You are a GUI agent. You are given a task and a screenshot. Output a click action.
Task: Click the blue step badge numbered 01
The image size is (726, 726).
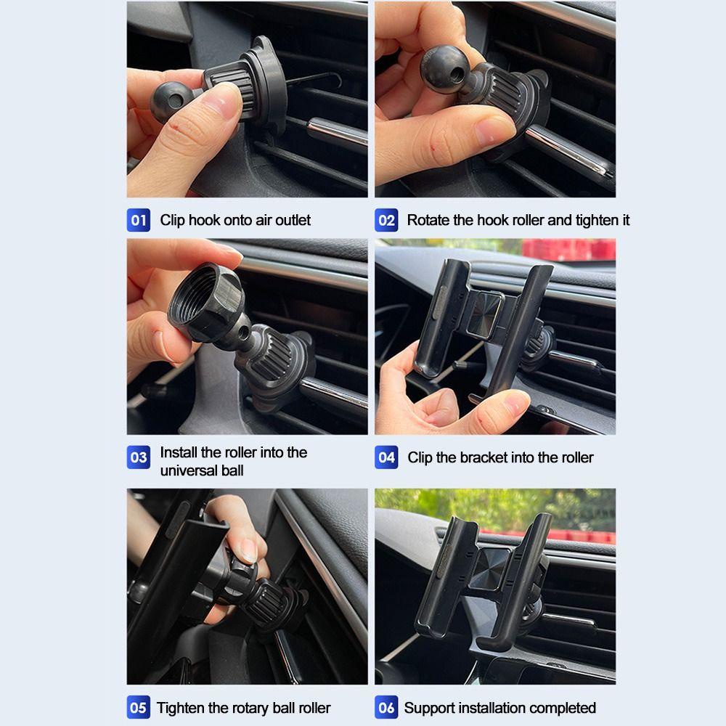click(139, 220)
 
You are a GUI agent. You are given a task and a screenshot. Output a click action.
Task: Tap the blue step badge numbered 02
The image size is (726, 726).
click(386, 220)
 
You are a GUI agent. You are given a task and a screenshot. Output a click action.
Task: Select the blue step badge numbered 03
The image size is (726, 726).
click(139, 457)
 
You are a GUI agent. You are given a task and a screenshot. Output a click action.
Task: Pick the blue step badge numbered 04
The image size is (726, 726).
click(386, 457)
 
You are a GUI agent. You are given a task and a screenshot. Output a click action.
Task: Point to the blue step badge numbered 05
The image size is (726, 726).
click(139, 707)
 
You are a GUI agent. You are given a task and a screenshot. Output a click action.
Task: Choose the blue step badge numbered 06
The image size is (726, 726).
click(386, 707)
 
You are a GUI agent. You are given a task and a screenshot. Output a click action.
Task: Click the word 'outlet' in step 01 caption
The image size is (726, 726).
click(293, 221)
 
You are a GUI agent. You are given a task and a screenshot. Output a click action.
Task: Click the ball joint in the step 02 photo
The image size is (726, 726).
click(444, 70)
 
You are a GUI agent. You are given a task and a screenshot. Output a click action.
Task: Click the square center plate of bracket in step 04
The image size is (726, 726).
click(484, 314)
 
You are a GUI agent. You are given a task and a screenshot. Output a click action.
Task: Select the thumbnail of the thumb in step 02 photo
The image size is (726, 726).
click(494, 130)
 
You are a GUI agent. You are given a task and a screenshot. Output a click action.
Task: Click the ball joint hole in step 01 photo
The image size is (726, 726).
click(176, 100)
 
